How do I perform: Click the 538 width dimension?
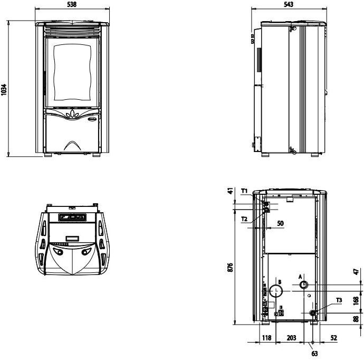point(72,4)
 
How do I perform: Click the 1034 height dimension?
point(4,89)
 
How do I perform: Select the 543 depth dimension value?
point(289,4)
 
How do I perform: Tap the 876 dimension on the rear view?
point(230,268)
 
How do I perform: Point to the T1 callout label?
point(244,191)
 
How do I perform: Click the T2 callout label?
point(244,219)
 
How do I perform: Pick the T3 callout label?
point(339,300)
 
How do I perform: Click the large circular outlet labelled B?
point(276,291)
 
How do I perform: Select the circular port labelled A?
point(304,285)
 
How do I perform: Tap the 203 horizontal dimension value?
point(291,338)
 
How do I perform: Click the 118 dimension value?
point(266,338)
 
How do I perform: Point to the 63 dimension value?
point(314,354)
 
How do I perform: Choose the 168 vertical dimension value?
point(356,300)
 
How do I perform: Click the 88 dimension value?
point(356,319)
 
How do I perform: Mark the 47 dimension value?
point(356,271)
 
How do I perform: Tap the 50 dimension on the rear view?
point(281,223)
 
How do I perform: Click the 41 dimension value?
point(230,191)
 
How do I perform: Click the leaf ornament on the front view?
point(72,114)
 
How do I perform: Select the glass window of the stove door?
point(72,72)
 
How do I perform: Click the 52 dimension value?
point(333,338)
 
